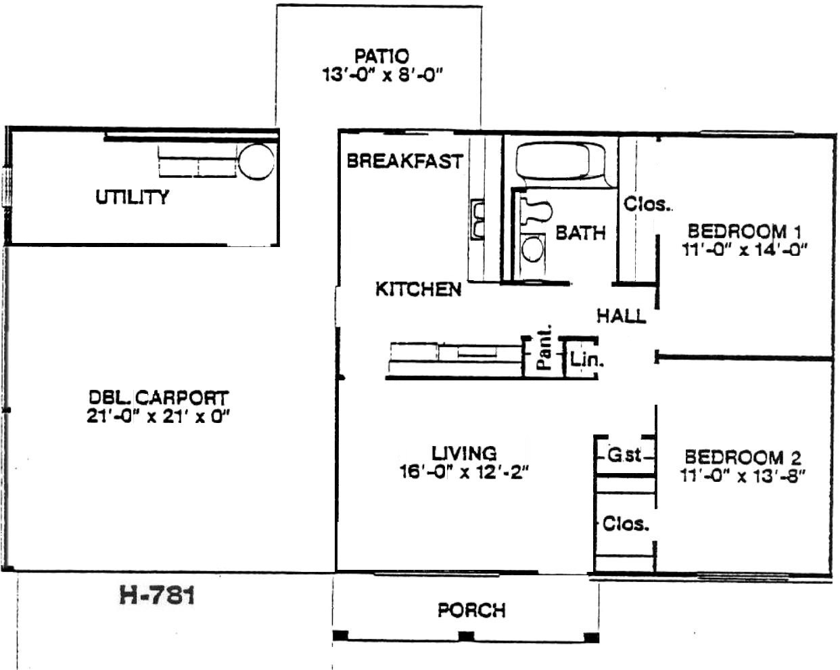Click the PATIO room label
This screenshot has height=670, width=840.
[381, 56]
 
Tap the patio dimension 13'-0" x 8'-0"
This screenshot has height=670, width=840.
[383, 74]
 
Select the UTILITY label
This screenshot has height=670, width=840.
[133, 197]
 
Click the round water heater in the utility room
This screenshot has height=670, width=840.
[256, 162]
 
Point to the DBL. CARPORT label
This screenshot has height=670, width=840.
[158, 398]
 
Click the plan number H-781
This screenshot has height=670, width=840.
[157, 596]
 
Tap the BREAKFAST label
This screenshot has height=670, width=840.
[404, 161]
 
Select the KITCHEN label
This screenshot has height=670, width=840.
[419, 289]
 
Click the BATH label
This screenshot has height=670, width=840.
[580, 233]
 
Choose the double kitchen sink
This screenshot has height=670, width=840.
[477, 219]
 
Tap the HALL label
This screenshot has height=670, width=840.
[622, 315]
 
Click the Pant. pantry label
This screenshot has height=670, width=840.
[544, 347]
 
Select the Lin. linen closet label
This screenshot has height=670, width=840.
[586, 359]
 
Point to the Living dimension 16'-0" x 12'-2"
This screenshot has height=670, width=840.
[464, 472]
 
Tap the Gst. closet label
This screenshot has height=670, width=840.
[624, 455]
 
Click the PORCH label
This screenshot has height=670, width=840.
[471, 610]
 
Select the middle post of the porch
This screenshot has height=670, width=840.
[466, 636]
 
